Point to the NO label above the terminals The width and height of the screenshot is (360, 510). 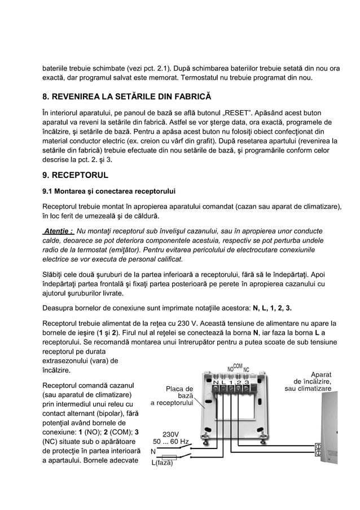[x=231, y=369]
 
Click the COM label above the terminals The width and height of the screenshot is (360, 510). [x=238, y=366]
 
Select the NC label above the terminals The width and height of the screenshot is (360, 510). [x=247, y=369]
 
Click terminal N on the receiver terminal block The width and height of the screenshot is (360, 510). [x=216, y=383]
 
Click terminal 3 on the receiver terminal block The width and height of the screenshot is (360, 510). [x=248, y=383]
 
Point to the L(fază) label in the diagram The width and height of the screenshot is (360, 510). [x=161, y=464]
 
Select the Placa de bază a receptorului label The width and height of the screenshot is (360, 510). [x=173, y=396]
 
